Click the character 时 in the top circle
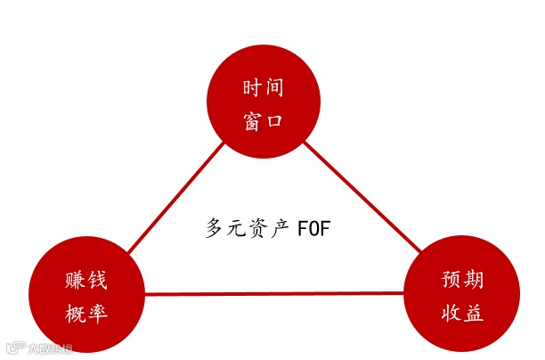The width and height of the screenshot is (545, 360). [251, 88]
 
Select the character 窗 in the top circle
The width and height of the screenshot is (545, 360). [251, 120]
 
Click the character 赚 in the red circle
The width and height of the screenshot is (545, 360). [74, 280]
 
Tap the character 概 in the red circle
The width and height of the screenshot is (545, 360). [74, 312]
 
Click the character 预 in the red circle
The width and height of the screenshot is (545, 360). [451, 280]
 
